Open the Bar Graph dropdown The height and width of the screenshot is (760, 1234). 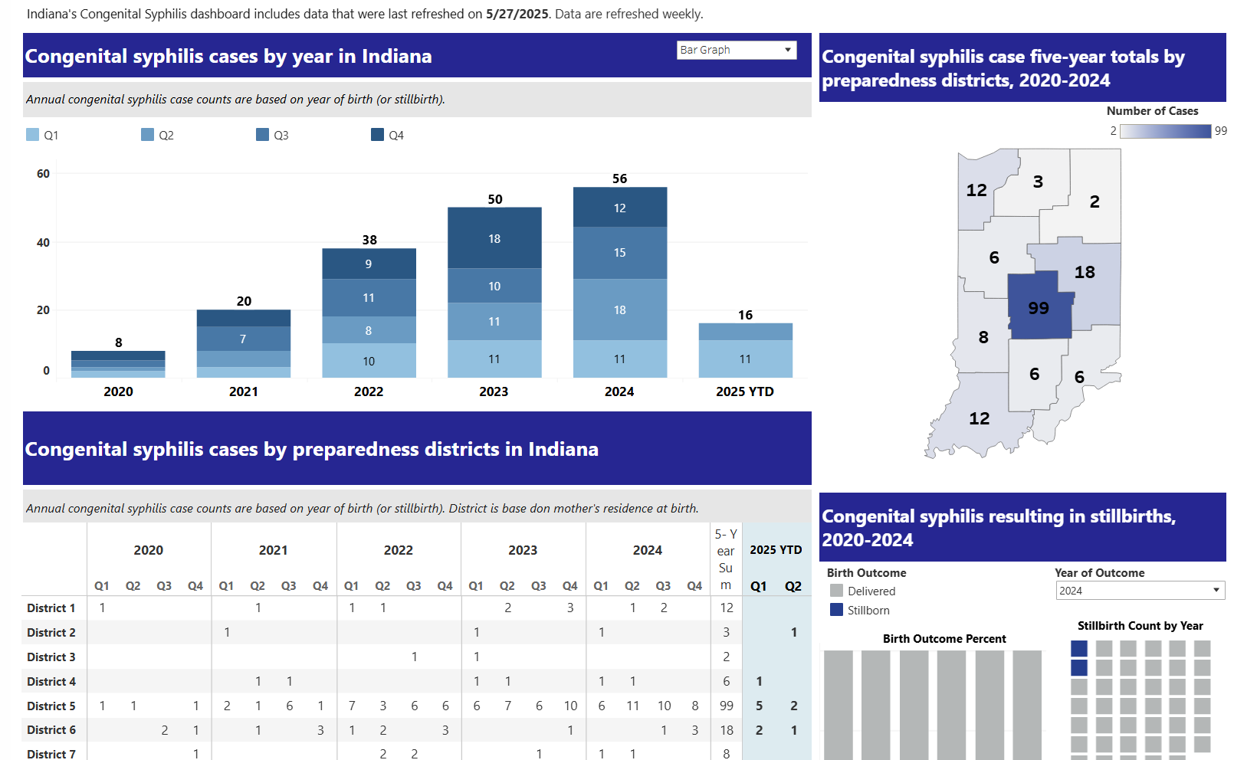pyautogui.click(x=737, y=50)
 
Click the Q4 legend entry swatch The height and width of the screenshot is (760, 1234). pyautogui.click(x=377, y=135)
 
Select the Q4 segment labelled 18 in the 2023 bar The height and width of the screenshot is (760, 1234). pyautogui.click(x=494, y=238)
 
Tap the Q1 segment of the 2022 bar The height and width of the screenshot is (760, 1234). pyautogui.click(x=369, y=361)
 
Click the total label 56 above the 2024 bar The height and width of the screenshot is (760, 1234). pyautogui.click(x=619, y=179)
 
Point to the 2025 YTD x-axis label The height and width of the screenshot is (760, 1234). pyautogui.click(x=744, y=391)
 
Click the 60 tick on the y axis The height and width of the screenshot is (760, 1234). pyautogui.click(x=44, y=174)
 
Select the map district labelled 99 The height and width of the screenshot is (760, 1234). pyautogui.click(x=1038, y=308)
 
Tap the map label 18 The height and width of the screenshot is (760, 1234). pyautogui.click(x=1085, y=272)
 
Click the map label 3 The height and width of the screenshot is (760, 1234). pyautogui.click(x=1038, y=182)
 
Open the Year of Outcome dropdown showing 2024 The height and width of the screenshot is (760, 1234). pyautogui.click(x=1139, y=591)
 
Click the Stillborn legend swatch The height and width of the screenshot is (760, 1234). pyautogui.click(x=837, y=610)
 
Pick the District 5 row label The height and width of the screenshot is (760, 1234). pyautogui.click(x=51, y=706)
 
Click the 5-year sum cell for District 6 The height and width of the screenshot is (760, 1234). pyautogui.click(x=727, y=730)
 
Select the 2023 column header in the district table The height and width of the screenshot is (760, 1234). pyautogui.click(x=523, y=550)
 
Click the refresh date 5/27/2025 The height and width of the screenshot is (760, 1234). pyautogui.click(x=517, y=14)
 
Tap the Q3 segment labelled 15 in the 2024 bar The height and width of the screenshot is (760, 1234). pyautogui.click(x=619, y=253)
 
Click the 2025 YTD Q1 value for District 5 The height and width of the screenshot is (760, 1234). pyautogui.click(x=759, y=706)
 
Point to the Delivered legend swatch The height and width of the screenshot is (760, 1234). pyautogui.click(x=837, y=591)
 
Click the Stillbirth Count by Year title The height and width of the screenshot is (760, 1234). pyautogui.click(x=1140, y=626)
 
